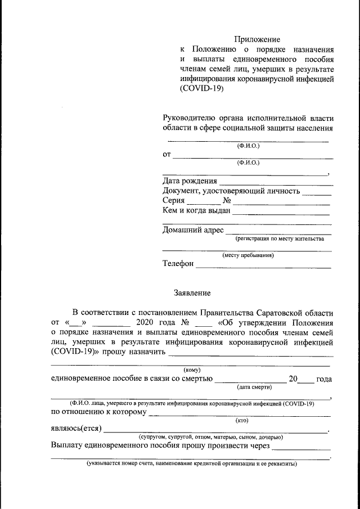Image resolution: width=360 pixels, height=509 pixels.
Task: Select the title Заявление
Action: pos(192,292)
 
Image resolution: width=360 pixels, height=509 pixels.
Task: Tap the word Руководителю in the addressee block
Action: pos(189,118)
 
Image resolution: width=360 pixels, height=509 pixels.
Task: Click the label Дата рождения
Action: pos(190,181)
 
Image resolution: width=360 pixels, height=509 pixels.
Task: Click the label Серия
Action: pos(174,201)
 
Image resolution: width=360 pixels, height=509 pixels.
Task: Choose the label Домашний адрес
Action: pos(193,230)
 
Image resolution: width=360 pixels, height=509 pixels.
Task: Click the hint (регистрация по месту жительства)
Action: pos(280,239)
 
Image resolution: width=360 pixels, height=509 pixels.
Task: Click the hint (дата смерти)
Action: pos(254,387)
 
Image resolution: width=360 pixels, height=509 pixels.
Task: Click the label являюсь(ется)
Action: pos(76,429)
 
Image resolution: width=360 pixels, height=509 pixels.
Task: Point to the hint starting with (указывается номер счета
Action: pos(191,465)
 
